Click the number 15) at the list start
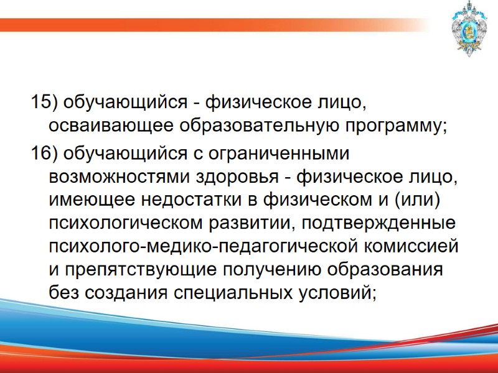click(x=43, y=101)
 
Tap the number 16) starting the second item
click(x=43, y=152)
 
